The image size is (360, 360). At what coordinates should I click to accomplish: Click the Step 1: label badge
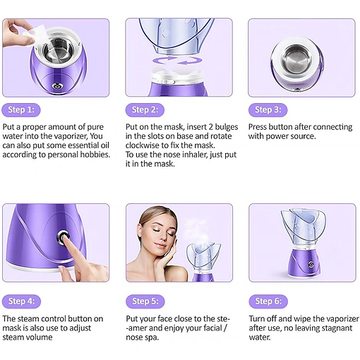pyautogui.click(x=21, y=110)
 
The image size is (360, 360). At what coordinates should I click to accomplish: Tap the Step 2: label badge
pyautogui.click(x=145, y=110)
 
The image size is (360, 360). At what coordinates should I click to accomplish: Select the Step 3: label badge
pyautogui.click(x=268, y=110)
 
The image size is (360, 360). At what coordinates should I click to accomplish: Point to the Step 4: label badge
pyautogui.click(x=21, y=301)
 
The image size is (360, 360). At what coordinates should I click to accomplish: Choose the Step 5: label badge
pyautogui.click(x=145, y=301)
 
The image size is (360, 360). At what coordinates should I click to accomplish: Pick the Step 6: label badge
pyautogui.click(x=268, y=301)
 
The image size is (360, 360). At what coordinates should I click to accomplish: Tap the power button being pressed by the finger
pyautogui.click(x=63, y=237)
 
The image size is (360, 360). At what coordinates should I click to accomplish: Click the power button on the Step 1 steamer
pyautogui.click(x=56, y=87)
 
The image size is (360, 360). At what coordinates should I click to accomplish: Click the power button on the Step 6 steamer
pyautogui.click(x=311, y=265)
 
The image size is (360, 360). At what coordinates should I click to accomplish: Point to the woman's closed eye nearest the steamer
pyautogui.click(x=171, y=233)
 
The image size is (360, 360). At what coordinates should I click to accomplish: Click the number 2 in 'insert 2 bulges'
pyautogui.click(x=211, y=127)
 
